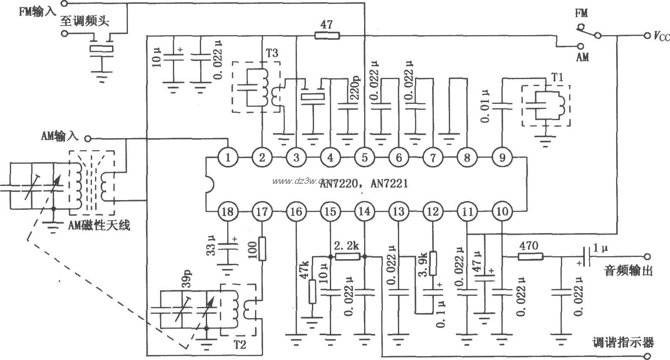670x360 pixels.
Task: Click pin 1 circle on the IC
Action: (228, 157)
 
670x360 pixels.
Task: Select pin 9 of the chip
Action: (501, 157)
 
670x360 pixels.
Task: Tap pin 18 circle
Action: (228, 212)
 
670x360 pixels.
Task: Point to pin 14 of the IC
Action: (365, 212)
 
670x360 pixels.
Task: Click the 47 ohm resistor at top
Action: (327, 35)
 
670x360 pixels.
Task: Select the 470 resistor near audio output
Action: (531, 257)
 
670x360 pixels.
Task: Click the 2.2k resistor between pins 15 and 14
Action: (347, 257)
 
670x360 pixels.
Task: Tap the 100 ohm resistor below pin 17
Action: (262, 249)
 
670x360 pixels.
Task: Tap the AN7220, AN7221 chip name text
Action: (364, 184)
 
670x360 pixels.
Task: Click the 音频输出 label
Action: (628, 270)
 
